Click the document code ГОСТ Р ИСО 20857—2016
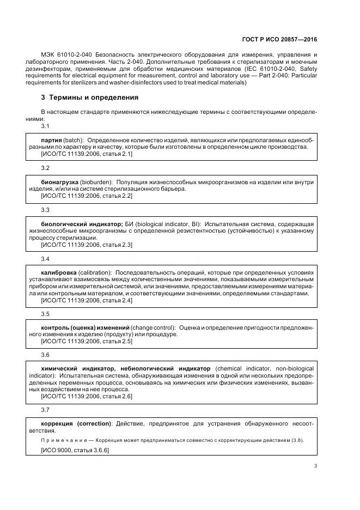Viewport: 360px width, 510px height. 279,39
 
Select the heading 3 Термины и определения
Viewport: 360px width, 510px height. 90,98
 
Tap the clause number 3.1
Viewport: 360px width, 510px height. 45,126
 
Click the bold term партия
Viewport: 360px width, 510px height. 51,139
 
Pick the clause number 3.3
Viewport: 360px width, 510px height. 45,210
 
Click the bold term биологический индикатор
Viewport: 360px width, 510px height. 82,224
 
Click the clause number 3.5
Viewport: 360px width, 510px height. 45,314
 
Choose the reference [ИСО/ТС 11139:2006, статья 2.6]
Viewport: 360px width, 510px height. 87,396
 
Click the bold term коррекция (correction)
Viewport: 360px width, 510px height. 77,423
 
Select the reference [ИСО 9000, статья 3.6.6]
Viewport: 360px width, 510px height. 75,451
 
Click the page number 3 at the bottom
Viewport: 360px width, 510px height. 315,466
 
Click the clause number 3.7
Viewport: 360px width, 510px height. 45,410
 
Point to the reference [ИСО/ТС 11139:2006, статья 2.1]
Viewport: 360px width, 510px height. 87,154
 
